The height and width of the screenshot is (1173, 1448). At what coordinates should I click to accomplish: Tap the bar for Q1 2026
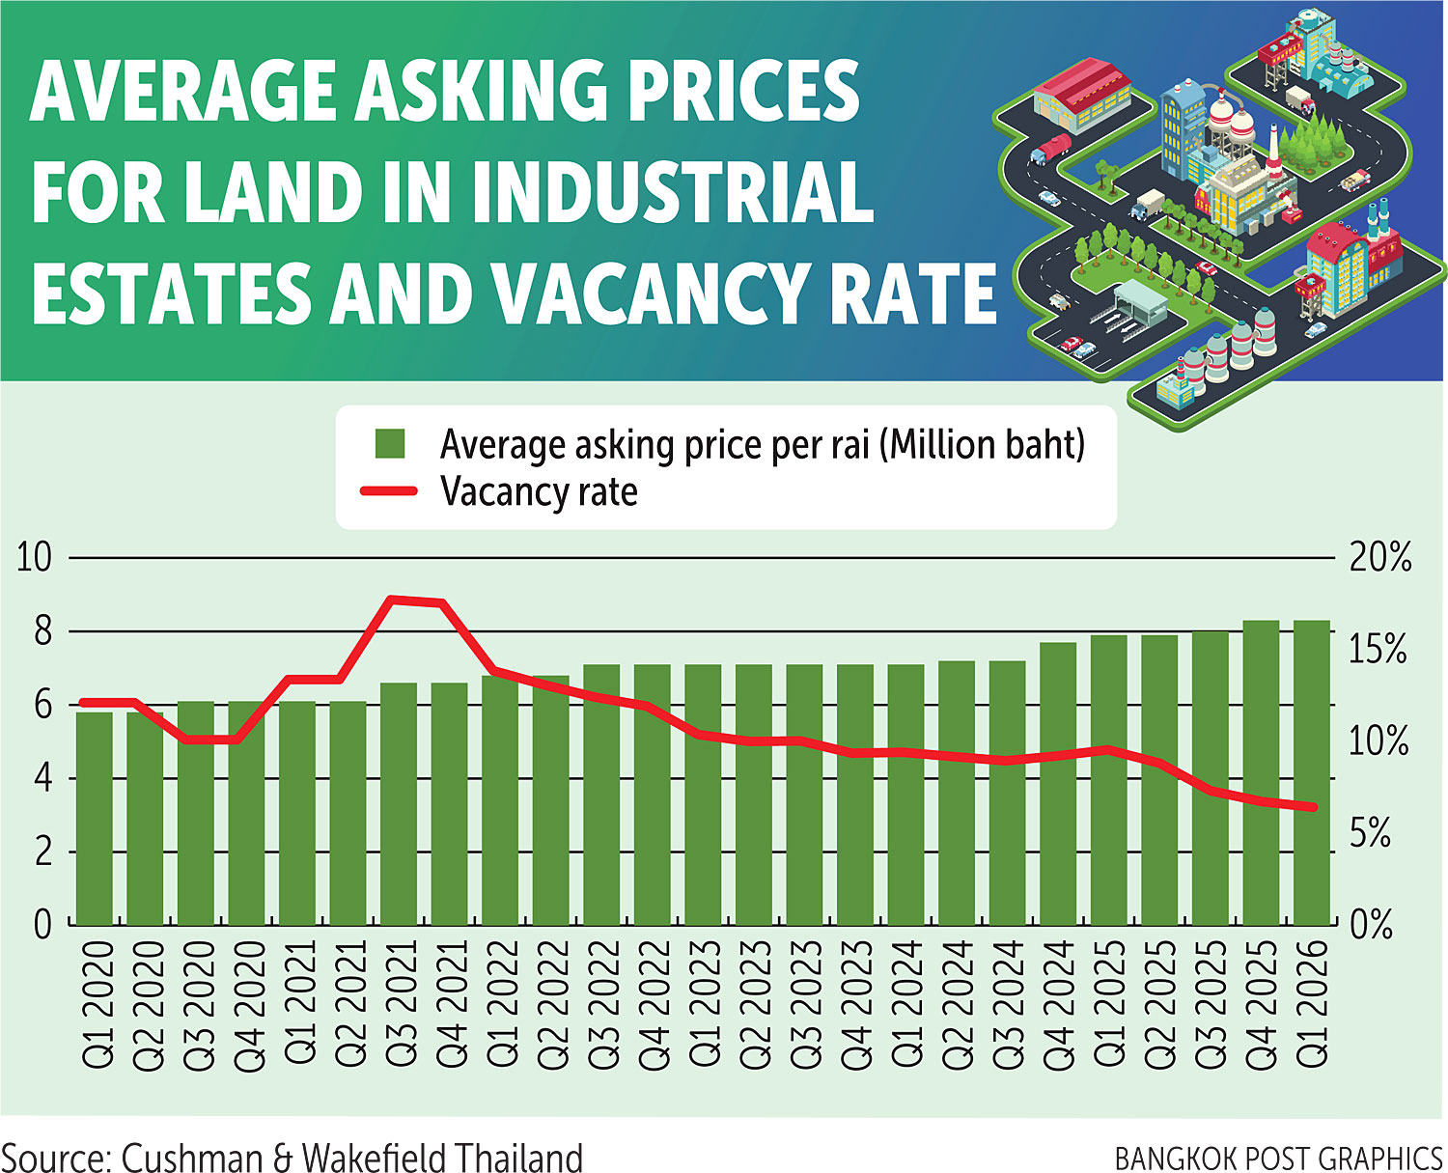click(1312, 772)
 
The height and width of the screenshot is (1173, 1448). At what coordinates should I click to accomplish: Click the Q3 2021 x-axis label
click(400, 1005)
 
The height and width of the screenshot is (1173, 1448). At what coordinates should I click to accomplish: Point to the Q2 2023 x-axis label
click(754, 1005)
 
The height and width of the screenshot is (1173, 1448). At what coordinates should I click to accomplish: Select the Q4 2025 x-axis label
click(1262, 1005)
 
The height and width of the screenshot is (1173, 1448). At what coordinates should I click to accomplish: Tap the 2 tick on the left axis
click(42, 852)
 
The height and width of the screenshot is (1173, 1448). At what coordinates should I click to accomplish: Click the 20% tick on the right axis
click(1379, 558)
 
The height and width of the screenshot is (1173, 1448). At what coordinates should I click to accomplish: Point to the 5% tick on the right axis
click(1370, 833)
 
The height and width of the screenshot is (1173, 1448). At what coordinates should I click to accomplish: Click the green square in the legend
click(390, 445)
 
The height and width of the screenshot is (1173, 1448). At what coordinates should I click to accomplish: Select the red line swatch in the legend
click(388, 491)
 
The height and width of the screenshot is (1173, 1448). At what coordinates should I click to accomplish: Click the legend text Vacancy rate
click(539, 491)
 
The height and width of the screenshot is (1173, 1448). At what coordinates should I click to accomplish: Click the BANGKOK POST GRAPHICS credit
click(1278, 1158)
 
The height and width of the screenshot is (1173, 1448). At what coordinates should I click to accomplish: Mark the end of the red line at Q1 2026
click(1313, 807)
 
